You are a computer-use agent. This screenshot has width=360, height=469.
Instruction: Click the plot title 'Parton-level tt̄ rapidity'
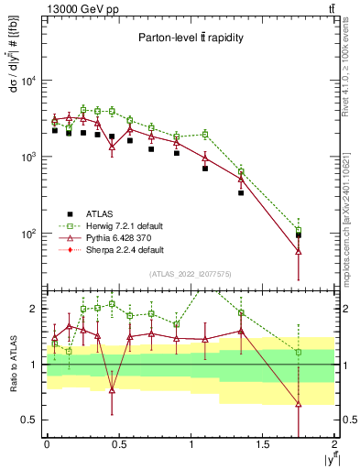(x=191, y=38)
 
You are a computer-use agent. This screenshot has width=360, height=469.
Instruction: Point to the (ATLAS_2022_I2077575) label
(x=191, y=273)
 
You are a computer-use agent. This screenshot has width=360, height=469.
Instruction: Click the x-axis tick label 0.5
(x=118, y=444)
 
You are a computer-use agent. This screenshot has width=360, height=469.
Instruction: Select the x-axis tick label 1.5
(x=262, y=444)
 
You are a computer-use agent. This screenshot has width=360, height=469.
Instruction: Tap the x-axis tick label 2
(x=334, y=444)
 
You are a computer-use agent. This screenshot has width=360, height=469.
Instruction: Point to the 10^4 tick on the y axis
(x=28, y=81)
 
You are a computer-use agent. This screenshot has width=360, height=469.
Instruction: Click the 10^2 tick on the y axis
(x=28, y=234)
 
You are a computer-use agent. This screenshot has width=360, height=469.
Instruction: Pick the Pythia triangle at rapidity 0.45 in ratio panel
(x=112, y=390)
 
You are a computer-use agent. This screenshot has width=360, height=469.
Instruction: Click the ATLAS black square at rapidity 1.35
(x=241, y=192)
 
